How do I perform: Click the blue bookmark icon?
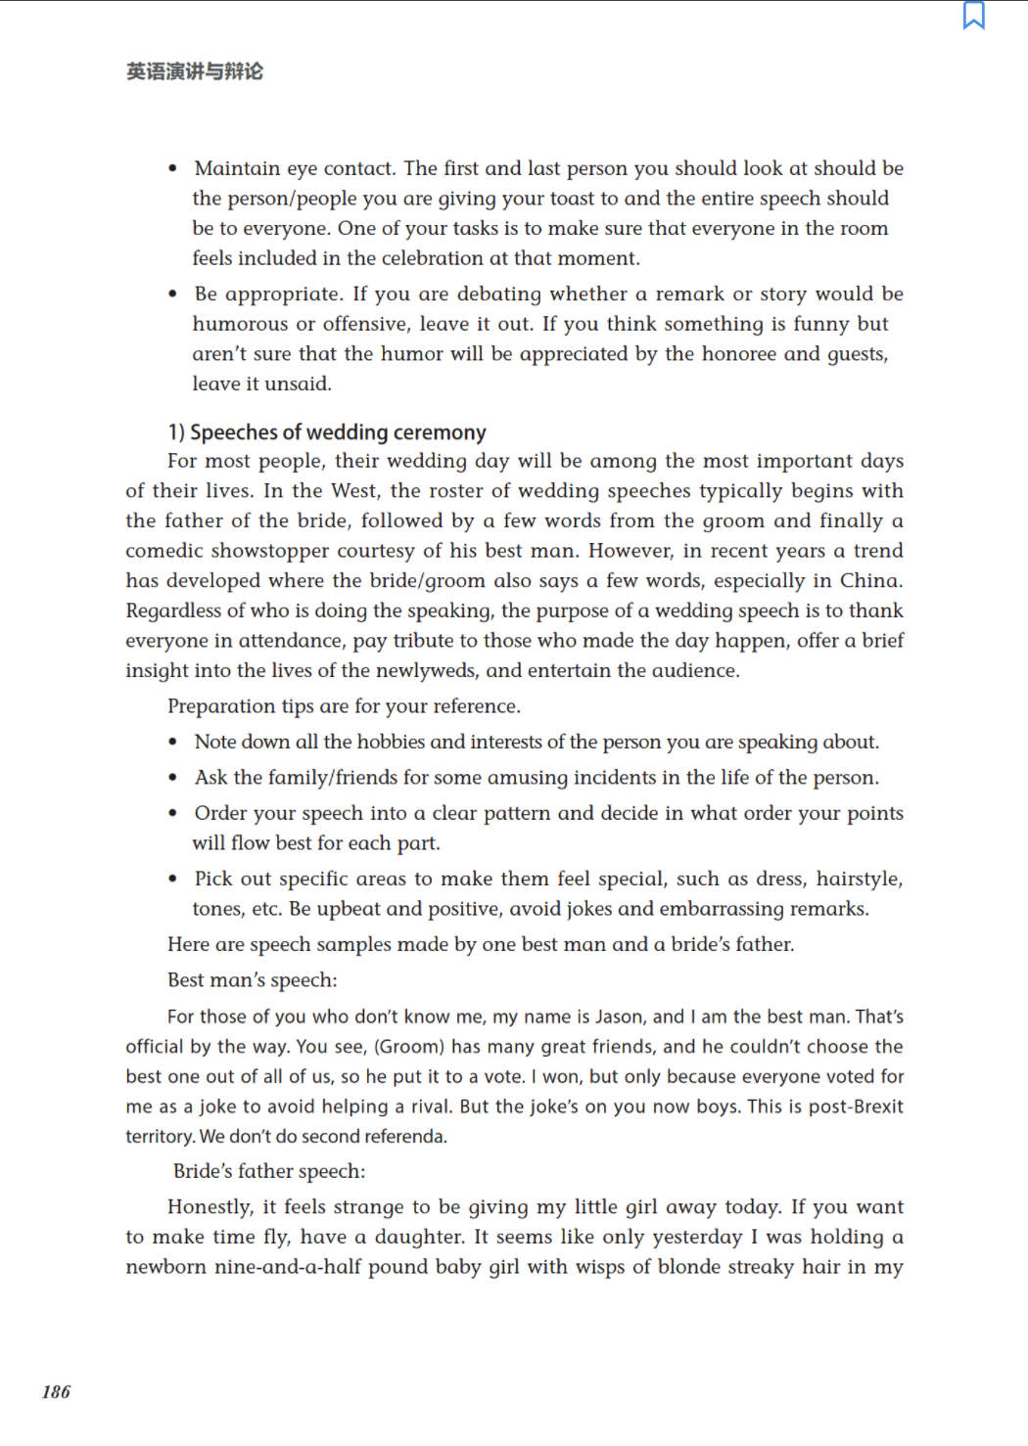[973, 16]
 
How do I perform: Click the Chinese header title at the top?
[195, 71]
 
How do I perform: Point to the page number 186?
[57, 1392]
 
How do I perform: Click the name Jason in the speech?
[620, 1017]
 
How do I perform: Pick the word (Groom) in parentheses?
[409, 1047]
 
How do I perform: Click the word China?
[869, 581]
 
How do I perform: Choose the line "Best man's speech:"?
[253, 980]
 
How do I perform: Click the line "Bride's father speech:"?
[269, 1171]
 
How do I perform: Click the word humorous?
[238, 324]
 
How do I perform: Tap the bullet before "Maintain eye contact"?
[173, 168]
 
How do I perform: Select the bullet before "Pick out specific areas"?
[173, 880]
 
